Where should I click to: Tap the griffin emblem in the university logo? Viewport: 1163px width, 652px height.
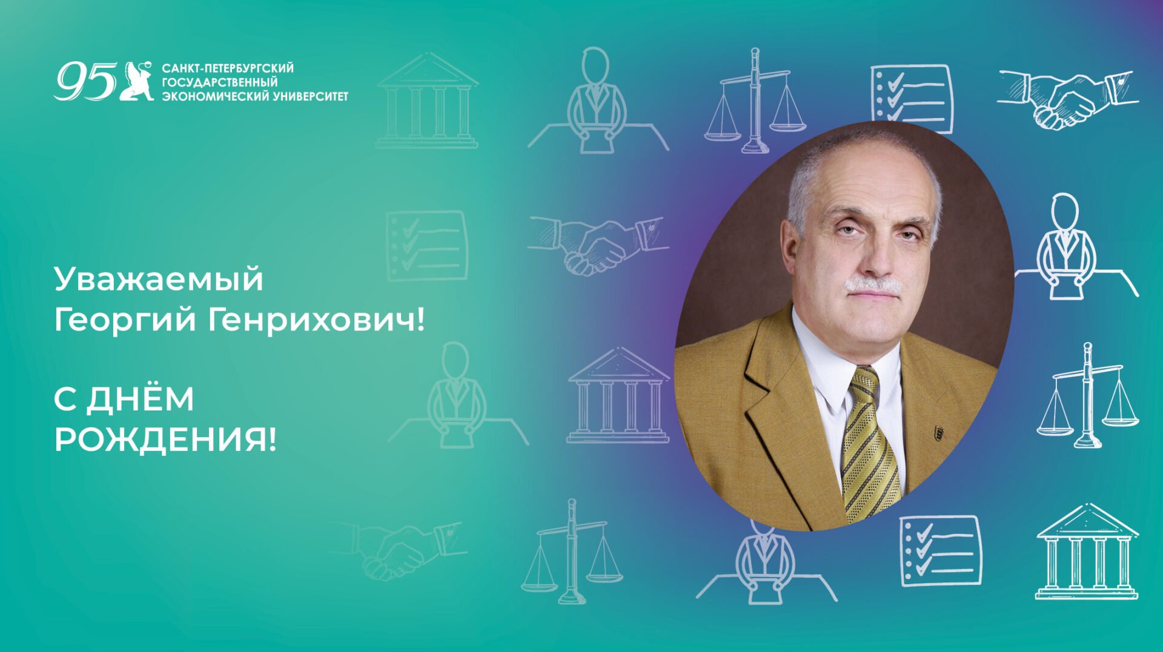137,81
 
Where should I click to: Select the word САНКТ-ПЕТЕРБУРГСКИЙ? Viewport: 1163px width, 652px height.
228,68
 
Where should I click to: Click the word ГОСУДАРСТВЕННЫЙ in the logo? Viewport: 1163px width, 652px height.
219,82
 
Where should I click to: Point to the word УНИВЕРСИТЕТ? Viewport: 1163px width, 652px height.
311,96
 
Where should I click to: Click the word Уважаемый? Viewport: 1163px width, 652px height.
159,280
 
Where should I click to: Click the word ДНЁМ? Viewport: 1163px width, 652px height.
140,400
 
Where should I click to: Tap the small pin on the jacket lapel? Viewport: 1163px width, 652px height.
938,432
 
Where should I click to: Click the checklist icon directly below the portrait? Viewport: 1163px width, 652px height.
940,550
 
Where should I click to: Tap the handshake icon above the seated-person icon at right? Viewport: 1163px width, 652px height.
1068,99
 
